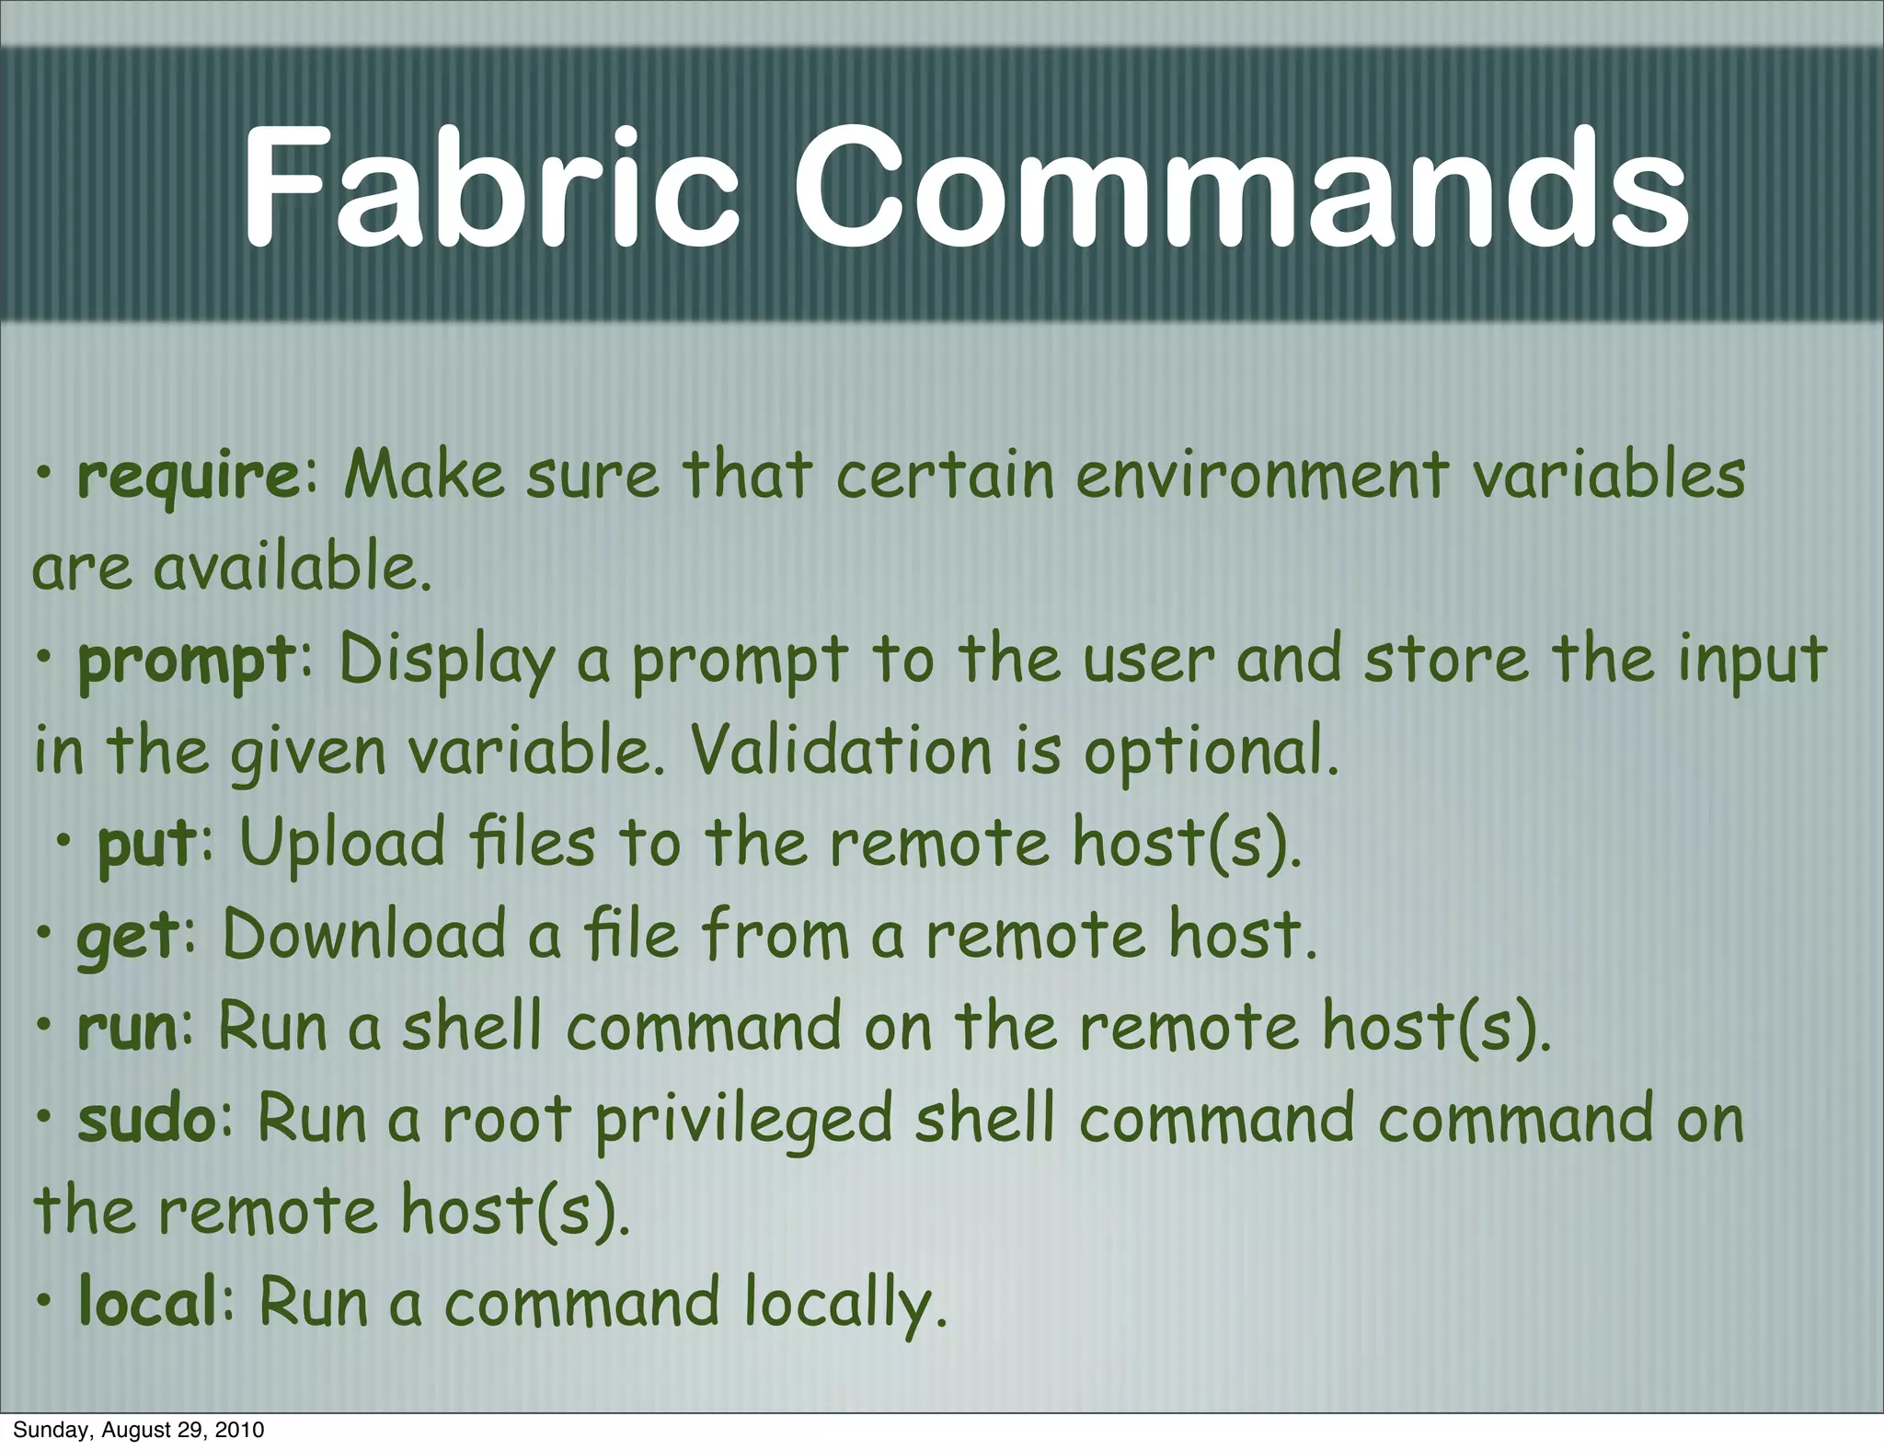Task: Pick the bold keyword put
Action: click(146, 845)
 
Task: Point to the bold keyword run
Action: click(127, 1029)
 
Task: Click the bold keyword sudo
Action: click(146, 1119)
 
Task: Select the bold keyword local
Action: click(148, 1303)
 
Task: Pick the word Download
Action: click(364, 935)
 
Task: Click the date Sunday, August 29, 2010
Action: click(138, 1430)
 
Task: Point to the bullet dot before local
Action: click(43, 1303)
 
